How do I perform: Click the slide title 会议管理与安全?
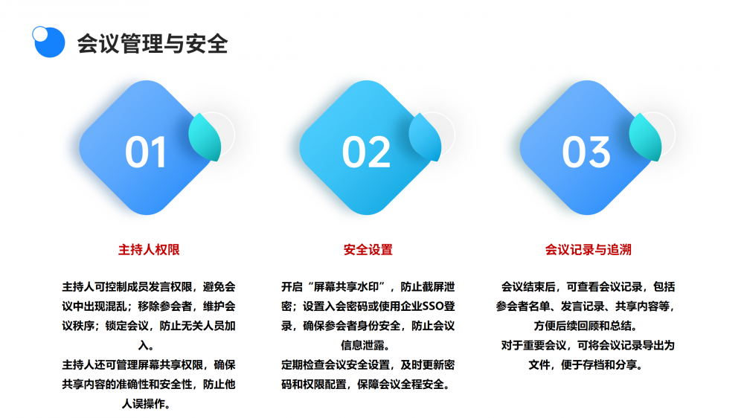[x=153, y=44]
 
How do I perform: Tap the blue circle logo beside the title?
[x=48, y=42]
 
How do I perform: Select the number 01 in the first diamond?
[x=146, y=152]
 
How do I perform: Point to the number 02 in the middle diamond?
[x=366, y=152]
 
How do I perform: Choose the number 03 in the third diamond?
[x=586, y=152]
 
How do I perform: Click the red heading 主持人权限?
[x=149, y=250]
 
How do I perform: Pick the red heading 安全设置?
[x=368, y=250]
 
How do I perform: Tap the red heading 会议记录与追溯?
[x=589, y=250]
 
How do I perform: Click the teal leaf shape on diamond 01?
[x=205, y=137]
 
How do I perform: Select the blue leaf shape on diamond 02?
[x=425, y=137]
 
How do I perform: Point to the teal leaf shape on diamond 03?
[x=645, y=137]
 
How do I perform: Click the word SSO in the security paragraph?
[x=433, y=306]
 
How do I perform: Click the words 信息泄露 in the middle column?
[x=362, y=345]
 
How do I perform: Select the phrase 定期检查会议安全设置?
[x=336, y=365]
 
